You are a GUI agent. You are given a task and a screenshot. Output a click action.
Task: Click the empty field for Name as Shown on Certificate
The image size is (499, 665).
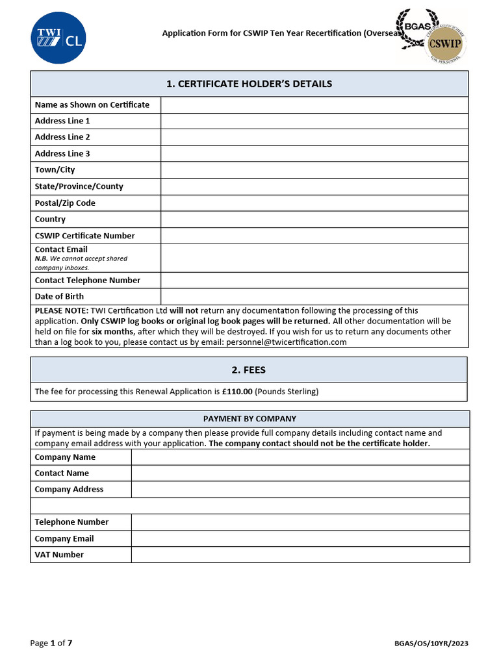coord(314,105)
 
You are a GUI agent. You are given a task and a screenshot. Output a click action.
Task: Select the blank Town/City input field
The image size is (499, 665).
coord(314,170)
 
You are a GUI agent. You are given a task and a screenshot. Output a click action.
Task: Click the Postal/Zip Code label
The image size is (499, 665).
coord(65,203)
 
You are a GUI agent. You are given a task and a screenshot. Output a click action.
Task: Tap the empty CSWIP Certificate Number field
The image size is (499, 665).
coord(314,236)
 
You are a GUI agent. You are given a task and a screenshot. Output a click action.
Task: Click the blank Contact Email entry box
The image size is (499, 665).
coord(314,258)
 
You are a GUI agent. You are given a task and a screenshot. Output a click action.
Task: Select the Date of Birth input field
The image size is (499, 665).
coord(314,297)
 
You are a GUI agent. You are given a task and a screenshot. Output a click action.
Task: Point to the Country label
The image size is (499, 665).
coord(50,220)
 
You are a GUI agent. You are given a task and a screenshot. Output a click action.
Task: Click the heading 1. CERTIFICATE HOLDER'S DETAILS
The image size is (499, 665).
coord(249,84)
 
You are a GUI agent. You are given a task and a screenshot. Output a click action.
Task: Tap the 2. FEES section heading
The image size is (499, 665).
coord(249,370)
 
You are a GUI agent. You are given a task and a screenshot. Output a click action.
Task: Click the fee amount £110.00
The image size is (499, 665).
coord(237,392)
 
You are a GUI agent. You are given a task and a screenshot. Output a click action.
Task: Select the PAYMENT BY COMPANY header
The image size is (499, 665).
coord(249,419)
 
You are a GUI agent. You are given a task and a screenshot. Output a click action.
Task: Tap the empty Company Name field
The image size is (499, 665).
coord(300,457)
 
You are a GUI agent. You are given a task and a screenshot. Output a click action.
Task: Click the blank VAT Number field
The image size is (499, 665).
coord(300,555)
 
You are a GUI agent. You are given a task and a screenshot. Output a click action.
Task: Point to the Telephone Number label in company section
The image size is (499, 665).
coord(71,522)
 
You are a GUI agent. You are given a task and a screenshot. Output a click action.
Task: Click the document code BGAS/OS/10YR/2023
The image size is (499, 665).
coord(431,644)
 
